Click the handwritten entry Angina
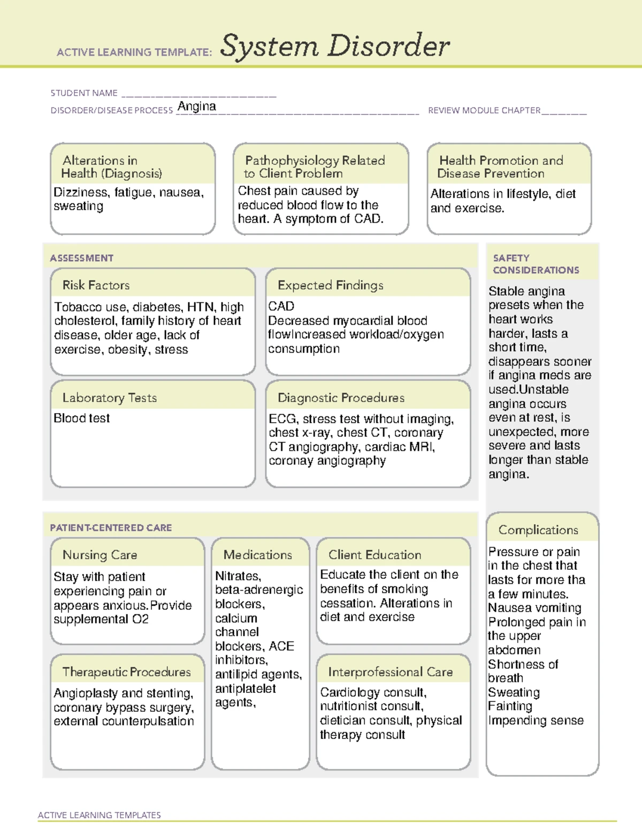[x=197, y=106]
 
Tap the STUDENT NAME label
[x=84, y=93]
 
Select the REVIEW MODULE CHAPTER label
[x=484, y=110]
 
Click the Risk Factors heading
[x=96, y=285]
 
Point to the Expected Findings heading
[x=330, y=285]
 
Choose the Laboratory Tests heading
[x=109, y=398]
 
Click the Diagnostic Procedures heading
[x=341, y=398]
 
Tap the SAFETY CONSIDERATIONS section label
[x=536, y=264]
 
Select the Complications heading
[x=538, y=530]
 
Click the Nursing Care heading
[x=100, y=555]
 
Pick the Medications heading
[x=257, y=555]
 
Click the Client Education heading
[x=374, y=555]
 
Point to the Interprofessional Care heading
[x=390, y=672]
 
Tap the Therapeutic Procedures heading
[x=126, y=672]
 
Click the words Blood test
[x=81, y=418]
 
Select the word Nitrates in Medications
[x=237, y=576]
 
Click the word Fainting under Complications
[x=510, y=706]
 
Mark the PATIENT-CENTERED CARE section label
[x=111, y=528]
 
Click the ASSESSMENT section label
[x=81, y=258]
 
